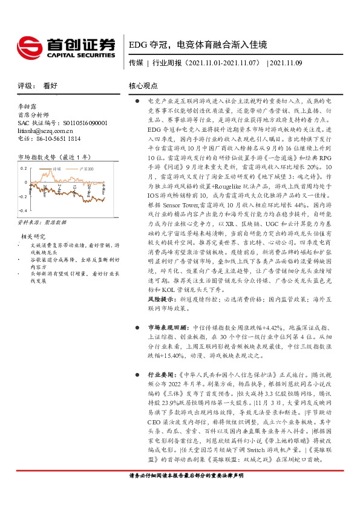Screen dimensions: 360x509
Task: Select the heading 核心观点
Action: [143, 86]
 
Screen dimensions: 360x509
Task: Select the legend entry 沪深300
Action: [91, 169]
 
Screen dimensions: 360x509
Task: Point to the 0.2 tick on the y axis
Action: [24, 167]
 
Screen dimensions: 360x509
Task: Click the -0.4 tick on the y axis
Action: [22, 210]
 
